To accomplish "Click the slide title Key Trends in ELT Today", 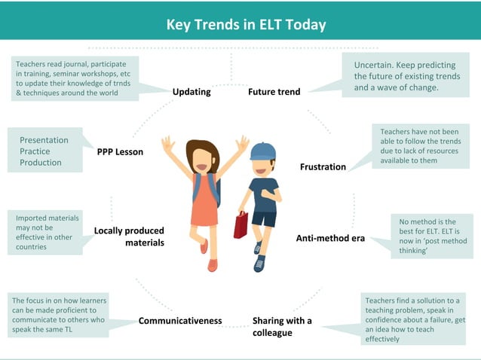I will (x=246, y=24).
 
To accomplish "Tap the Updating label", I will (x=191, y=92).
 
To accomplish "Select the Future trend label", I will (x=274, y=92).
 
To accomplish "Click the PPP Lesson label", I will (x=120, y=151).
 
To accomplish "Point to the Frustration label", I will (x=323, y=166).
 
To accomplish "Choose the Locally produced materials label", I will (x=129, y=236).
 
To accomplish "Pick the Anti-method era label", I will (x=330, y=238).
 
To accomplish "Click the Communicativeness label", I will (x=180, y=320).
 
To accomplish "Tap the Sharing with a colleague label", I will (x=282, y=326).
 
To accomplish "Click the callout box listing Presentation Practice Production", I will (x=45, y=151).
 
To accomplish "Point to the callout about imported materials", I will (x=47, y=232).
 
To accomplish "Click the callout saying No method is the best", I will (x=428, y=236).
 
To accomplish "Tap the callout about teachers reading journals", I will (x=75, y=78).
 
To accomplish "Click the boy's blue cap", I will (x=262, y=151).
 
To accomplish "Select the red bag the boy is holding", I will (x=240, y=224).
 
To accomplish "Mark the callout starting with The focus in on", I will (x=59, y=315).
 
